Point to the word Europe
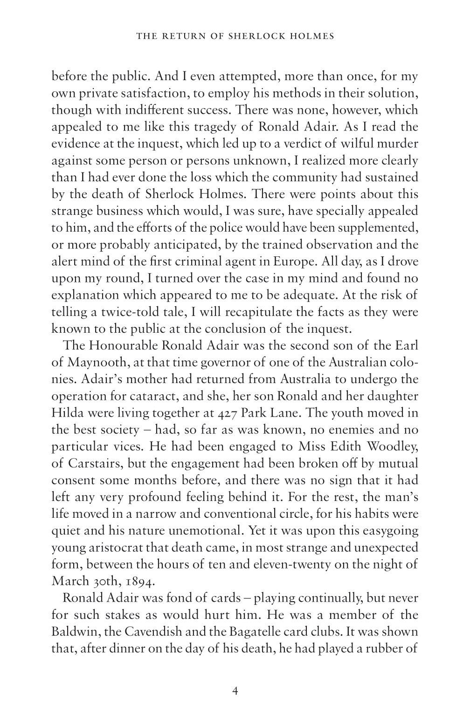[275, 261]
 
